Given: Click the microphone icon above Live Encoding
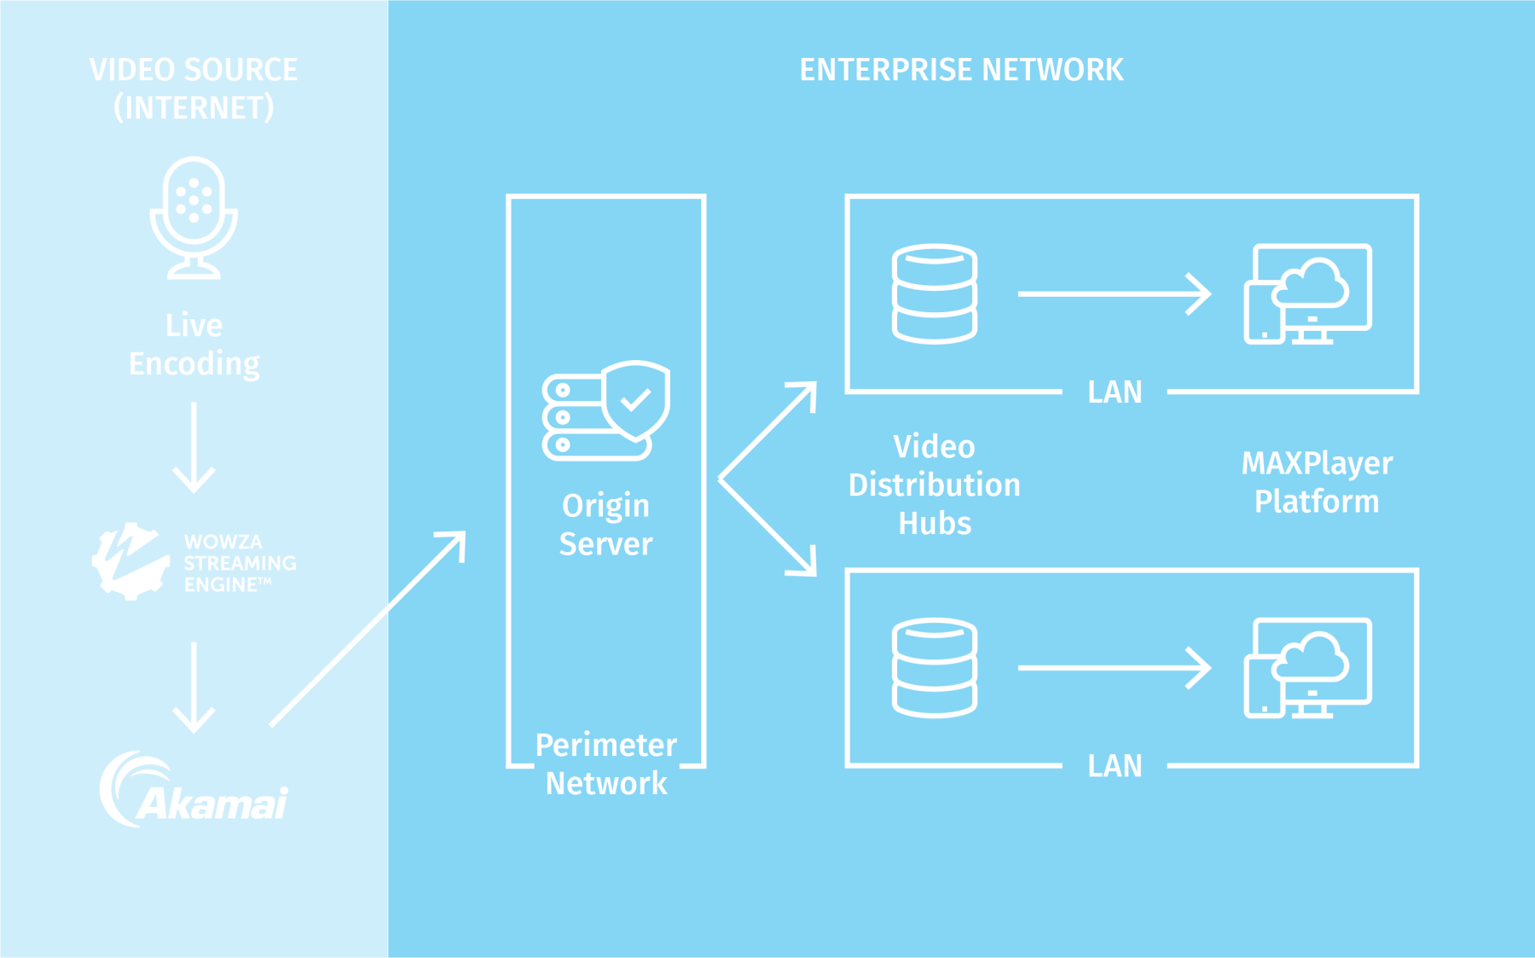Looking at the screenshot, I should [194, 218].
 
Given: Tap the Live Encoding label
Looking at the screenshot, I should [194, 345].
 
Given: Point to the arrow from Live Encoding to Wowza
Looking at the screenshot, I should [194, 447].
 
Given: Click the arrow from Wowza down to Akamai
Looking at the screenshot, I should [194, 687].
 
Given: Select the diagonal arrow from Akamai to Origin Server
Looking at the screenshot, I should [368, 629].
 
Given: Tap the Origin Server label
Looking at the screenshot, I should [605, 525].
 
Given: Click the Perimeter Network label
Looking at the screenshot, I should [605, 764].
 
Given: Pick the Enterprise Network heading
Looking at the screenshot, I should [961, 70].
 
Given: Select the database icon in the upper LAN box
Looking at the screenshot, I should [934, 293].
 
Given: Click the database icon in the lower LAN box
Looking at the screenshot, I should [934, 667].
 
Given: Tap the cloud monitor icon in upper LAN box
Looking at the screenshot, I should [1307, 293].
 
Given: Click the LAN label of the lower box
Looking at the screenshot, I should [1114, 766].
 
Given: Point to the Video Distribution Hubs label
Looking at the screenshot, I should [934, 485].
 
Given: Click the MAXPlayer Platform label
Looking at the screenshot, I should [1316, 482].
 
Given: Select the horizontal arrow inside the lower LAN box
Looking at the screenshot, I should [1114, 667].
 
